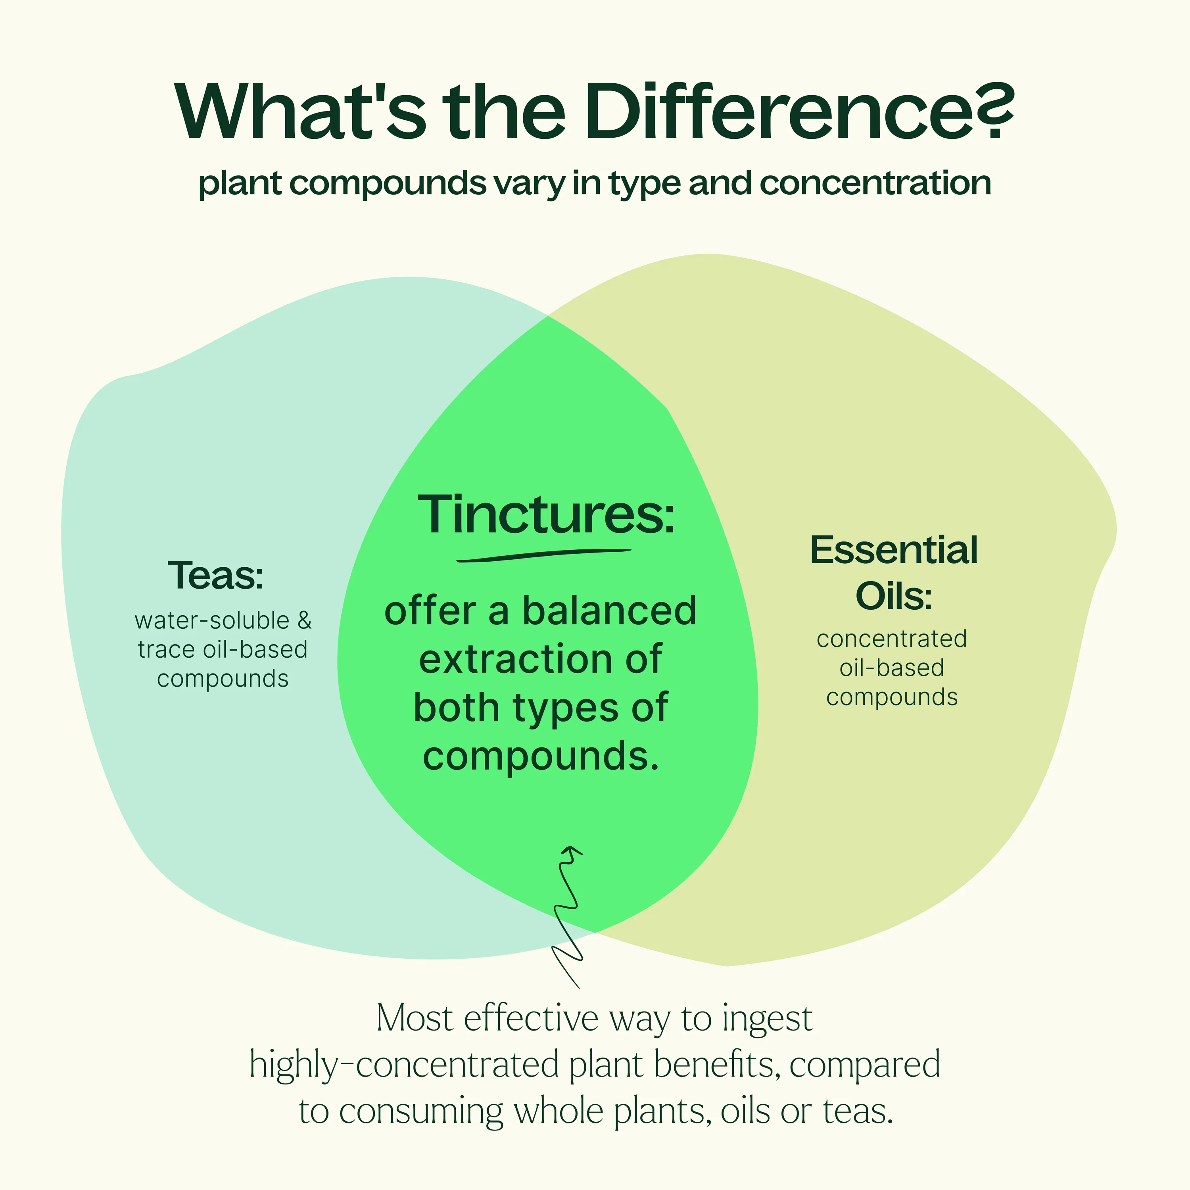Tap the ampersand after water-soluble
click(304, 620)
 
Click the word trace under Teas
click(166, 650)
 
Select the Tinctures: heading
click(546, 514)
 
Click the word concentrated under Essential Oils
click(892, 639)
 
